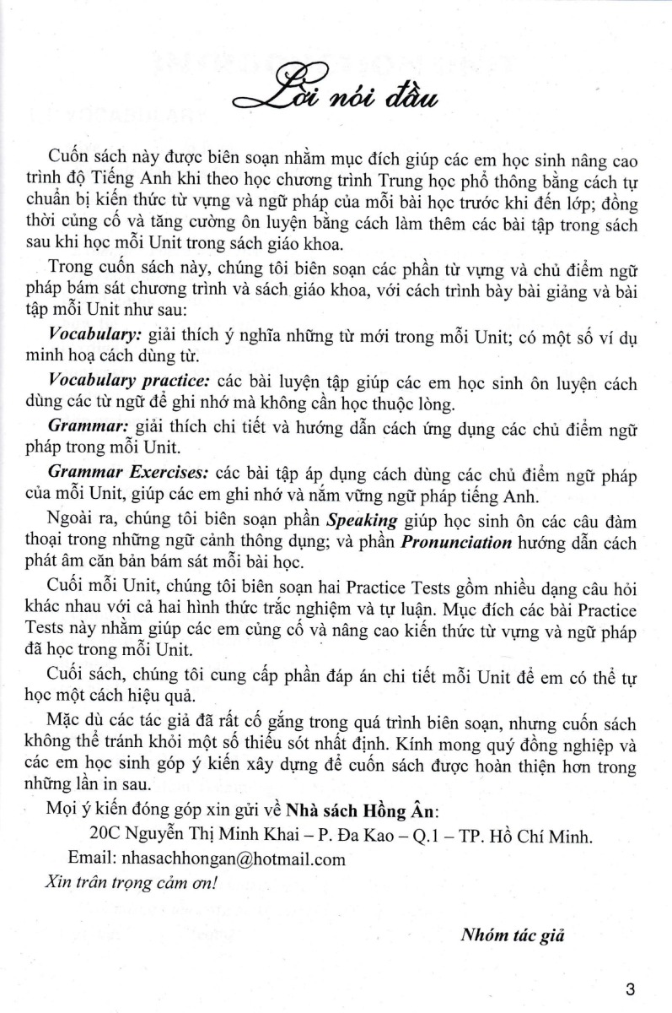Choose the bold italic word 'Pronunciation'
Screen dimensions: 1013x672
pos(455,541)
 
